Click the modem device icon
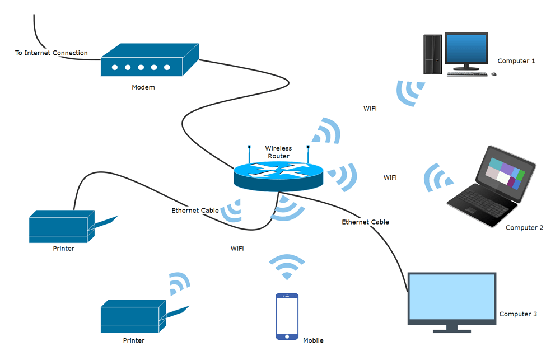click(x=150, y=60)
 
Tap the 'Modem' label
click(x=143, y=87)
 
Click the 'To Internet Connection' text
click(x=52, y=53)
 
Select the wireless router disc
click(x=278, y=176)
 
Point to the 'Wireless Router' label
click(x=278, y=152)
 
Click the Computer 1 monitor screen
click(x=466, y=49)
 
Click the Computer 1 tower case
click(x=432, y=54)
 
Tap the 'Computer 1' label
click(x=516, y=61)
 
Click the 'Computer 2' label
click(x=525, y=228)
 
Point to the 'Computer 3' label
click(x=518, y=314)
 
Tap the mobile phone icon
click(x=287, y=316)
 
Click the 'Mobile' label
click(x=313, y=341)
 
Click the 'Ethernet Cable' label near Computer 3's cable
click(x=365, y=222)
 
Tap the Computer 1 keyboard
click(x=467, y=74)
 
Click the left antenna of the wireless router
click(x=249, y=155)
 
